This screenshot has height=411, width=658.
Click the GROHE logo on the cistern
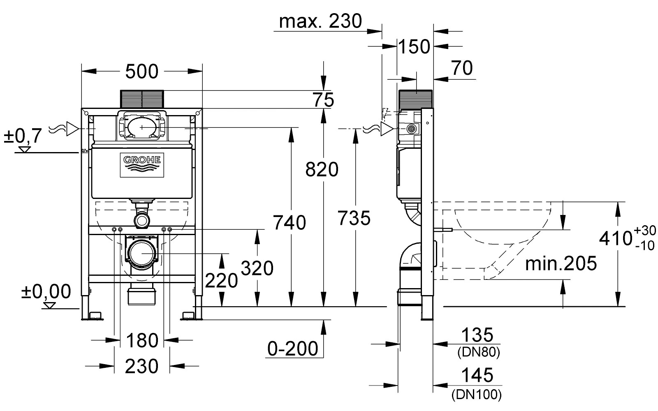point(142,165)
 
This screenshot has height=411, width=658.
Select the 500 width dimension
point(141,72)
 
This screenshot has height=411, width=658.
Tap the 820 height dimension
point(322,169)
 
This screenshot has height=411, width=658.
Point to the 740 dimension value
point(290,222)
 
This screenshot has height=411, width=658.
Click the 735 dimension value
point(354,218)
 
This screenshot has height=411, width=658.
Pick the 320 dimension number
point(257,268)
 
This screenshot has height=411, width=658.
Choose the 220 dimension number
point(221,280)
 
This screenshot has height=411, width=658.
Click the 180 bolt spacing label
point(142,341)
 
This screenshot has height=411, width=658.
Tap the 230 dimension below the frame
point(141,366)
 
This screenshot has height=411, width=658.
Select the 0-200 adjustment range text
point(292,349)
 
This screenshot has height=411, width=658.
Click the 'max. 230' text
point(320,21)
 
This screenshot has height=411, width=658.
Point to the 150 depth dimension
point(414,47)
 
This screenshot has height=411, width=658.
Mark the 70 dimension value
point(462,68)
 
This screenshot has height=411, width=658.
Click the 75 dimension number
point(323,100)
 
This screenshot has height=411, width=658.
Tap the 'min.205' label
point(561,263)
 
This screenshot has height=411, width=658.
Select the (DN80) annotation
point(479,352)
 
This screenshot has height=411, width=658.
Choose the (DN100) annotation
point(477,395)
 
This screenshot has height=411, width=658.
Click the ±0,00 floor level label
point(46,291)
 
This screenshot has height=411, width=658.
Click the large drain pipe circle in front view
point(142,253)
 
